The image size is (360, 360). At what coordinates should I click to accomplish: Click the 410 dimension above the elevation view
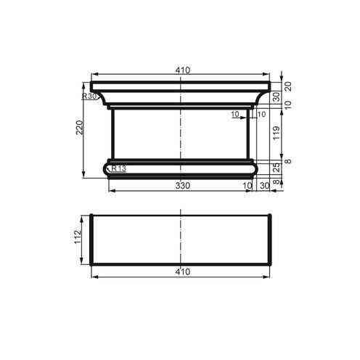point(182,70)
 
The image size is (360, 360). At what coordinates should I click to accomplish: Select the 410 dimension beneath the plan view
point(182,271)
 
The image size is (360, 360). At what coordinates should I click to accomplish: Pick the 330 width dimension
point(182,186)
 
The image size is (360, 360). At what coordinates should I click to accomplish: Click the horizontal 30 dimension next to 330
point(264,187)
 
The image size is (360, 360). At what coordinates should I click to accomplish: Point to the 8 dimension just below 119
point(288,160)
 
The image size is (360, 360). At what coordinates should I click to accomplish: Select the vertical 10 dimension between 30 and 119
point(288,105)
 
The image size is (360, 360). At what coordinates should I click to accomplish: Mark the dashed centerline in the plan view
point(181,240)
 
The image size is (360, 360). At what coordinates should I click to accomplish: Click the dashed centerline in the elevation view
point(181,131)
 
